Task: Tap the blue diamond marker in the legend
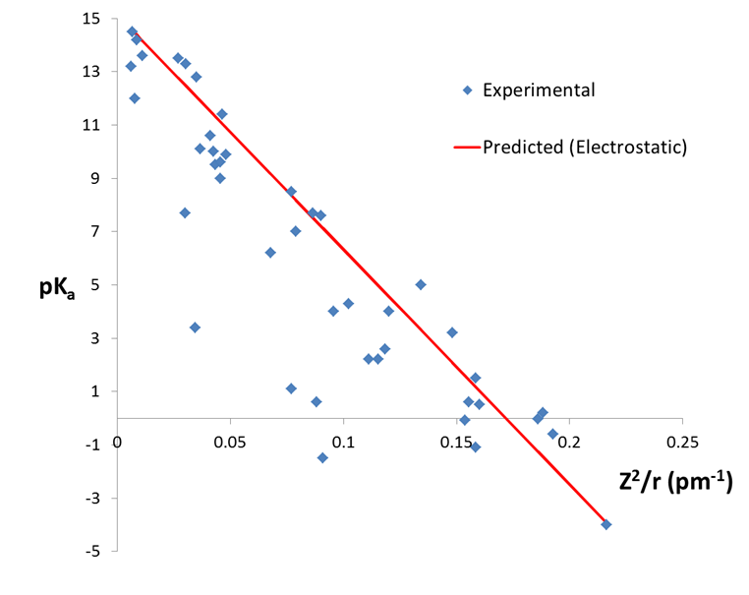pos(468,90)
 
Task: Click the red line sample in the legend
pos(467,148)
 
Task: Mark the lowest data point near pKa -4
pos(606,524)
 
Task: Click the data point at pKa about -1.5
pos(322,457)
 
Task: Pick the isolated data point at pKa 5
pos(421,284)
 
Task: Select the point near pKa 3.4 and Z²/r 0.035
pos(195,327)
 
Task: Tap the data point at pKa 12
pos(135,98)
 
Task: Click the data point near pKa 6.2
pos(270,253)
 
